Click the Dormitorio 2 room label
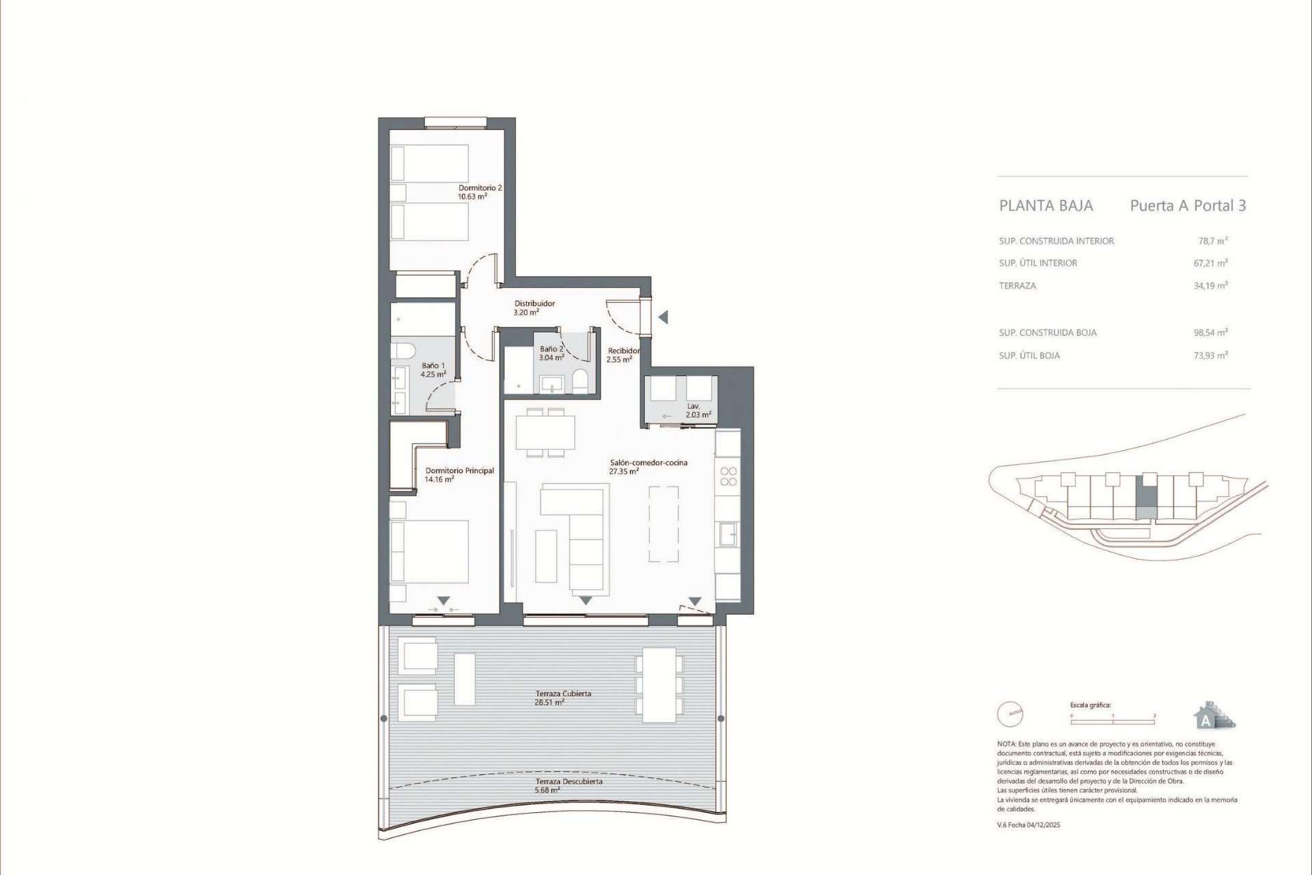click(480, 192)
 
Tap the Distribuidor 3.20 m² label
click(534, 308)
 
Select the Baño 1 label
click(433, 370)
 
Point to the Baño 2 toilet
click(579, 382)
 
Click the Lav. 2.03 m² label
click(698, 410)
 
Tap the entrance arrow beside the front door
click(662, 317)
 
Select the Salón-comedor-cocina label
click(648, 467)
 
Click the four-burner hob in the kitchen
click(728, 476)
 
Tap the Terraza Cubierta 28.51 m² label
click(563, 697)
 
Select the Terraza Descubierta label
click(569, 785)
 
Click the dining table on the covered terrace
click(659, 684)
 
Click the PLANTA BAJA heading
click(1045, 206)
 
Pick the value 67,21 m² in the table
click(1210, 263)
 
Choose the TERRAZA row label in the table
click(1017, 286)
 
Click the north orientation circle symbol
click(1010, 714)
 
